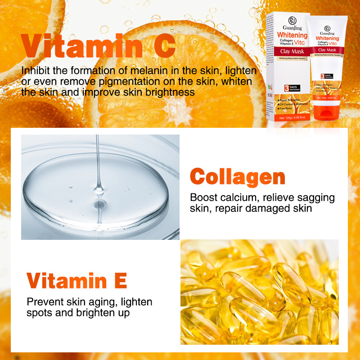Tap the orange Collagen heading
[238, 177]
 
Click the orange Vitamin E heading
[77, 280]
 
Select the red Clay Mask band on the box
[292, 52]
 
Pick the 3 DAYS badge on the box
[286, 88]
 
